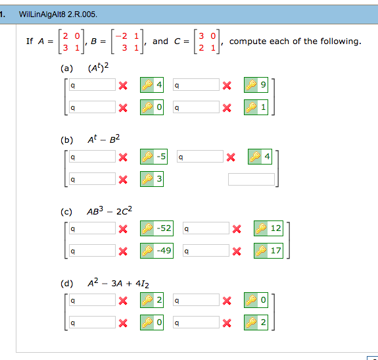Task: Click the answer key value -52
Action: (x=165, y=228)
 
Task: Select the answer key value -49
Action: (x=165, y=250)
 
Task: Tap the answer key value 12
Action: (x=275, y=228)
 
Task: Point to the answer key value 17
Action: (x=275, y=250)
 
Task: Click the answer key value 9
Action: (x=263, y=85)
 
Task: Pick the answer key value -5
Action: (x=162, y=157)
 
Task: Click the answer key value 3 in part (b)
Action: (x=159, y=178)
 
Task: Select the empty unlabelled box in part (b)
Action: (x=251, y=179)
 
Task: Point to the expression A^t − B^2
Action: (x=104, y=140)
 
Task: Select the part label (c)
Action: (x=66, y=212)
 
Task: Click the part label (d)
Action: (x=66, y=284)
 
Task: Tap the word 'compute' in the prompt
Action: (x=248, y=41)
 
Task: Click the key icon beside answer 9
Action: (x=251, y=85)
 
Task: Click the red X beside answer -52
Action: (x=123, y=228)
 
